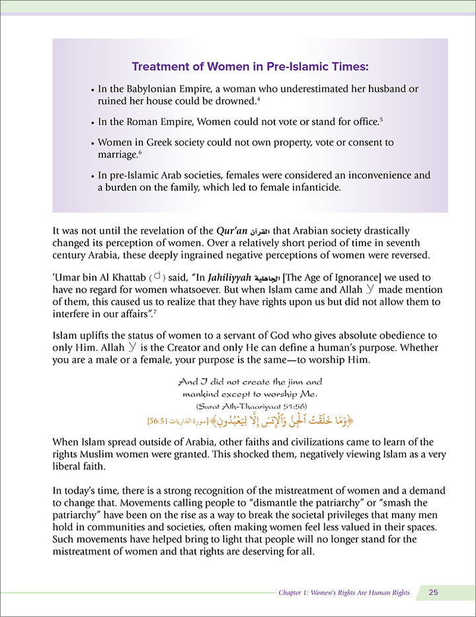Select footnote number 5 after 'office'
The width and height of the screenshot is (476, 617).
click(381, 120)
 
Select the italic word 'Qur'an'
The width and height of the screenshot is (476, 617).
click(232, 231)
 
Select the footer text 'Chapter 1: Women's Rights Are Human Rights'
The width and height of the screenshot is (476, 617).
click(344, 593)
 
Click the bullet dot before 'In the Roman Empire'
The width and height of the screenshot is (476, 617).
click(92, 122)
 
